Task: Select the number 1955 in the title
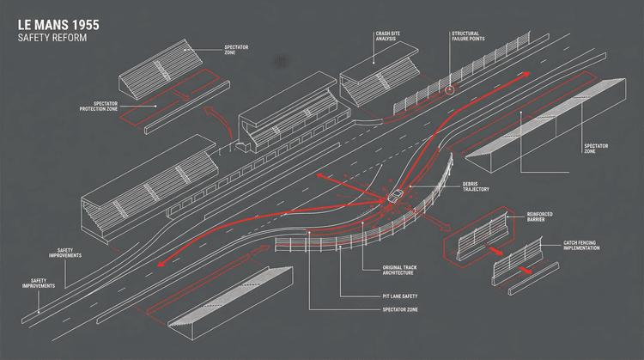point(75,25)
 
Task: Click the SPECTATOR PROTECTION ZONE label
point(99,107)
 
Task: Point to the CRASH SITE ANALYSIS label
point(386,38)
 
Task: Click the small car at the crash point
point(393,197)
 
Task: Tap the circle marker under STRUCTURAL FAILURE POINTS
point(449,89)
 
